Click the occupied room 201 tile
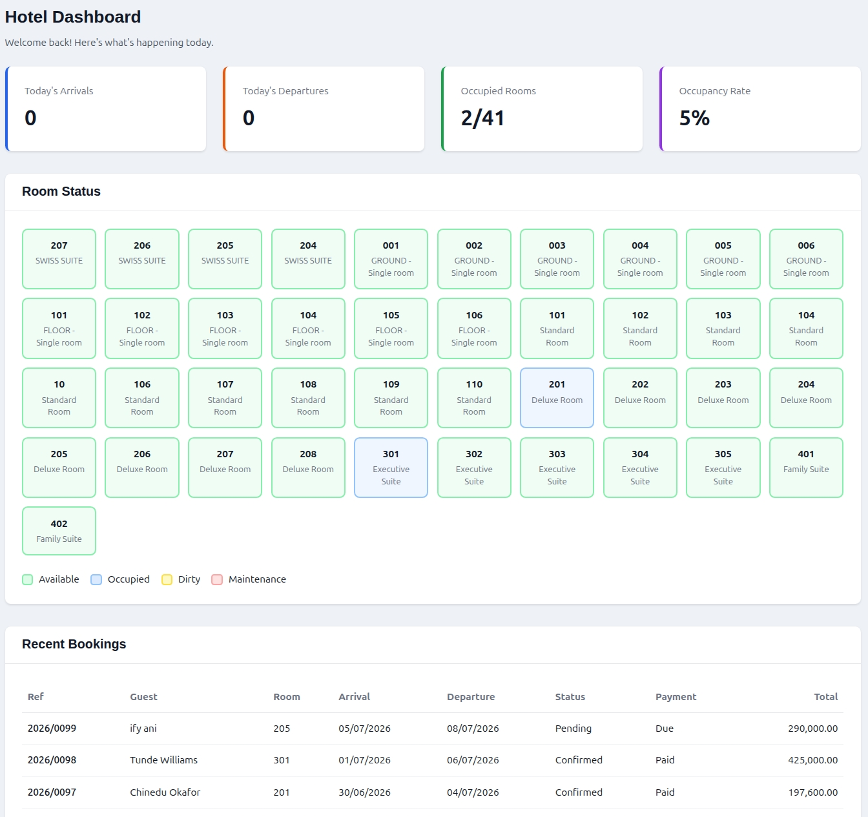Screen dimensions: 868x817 pos(557,398)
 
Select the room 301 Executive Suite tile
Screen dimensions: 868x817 pos(391,468)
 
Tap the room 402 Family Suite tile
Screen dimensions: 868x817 pos(59,531)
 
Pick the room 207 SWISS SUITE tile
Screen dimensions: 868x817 pos(59,259)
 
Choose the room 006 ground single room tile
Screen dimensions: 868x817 pos(806,259)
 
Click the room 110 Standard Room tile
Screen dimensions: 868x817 pos(474,398)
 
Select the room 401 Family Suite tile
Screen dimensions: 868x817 pos(806,468)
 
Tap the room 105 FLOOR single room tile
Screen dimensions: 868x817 pos(391,328)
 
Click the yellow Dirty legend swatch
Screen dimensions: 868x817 pos(167,579)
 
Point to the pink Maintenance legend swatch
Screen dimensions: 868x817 pos(217,579)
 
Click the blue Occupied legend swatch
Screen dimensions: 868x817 pos(96,579)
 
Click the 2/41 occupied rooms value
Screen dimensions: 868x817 pos(482,118)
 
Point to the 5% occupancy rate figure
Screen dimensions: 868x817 pos(694,118)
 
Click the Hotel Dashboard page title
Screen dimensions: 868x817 pos(73,17)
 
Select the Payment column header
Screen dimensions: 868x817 pos(676,697)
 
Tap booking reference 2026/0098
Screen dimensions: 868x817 pos(52,760)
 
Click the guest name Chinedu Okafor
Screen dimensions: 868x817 pos(165,792)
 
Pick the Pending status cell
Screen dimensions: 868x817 pos(573,729)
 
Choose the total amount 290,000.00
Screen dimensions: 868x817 pos(813,729)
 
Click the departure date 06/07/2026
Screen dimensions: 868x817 pos(473,760)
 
